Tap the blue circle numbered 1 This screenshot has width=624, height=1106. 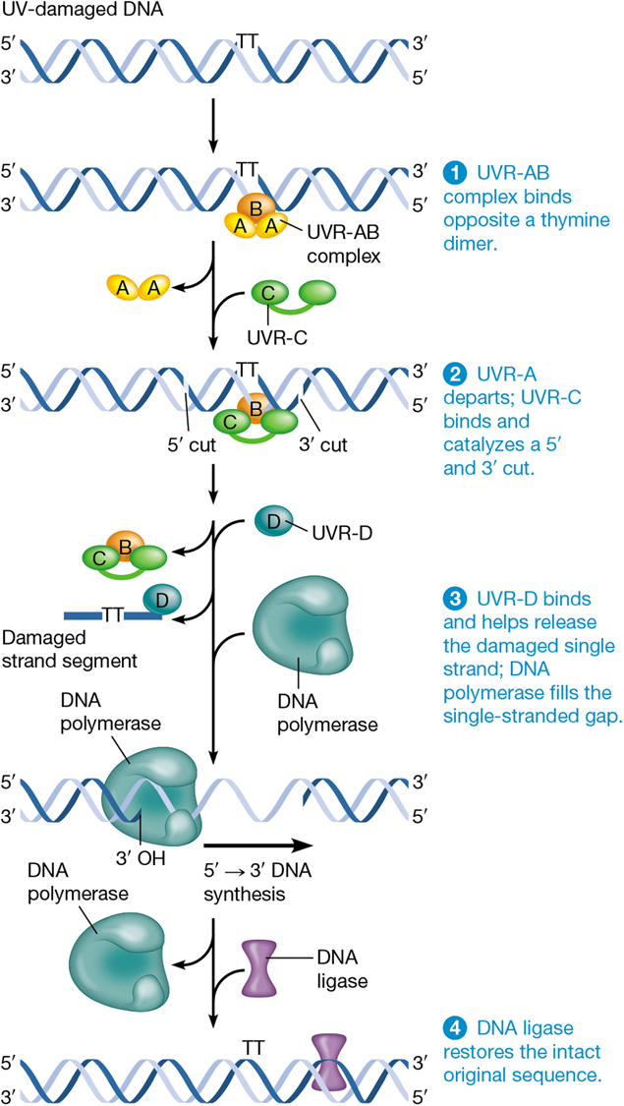pos(454,172)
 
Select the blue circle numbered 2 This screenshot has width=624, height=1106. pos(454,374)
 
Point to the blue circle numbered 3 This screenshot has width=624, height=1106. pos(454,599)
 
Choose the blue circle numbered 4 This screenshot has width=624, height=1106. pos(454,1028)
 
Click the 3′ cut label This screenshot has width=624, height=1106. pos(321,444)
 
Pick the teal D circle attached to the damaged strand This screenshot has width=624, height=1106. pos(160,598)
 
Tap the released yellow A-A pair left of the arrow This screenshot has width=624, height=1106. pos(139,287)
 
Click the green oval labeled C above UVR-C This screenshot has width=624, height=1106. pos(267,292)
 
